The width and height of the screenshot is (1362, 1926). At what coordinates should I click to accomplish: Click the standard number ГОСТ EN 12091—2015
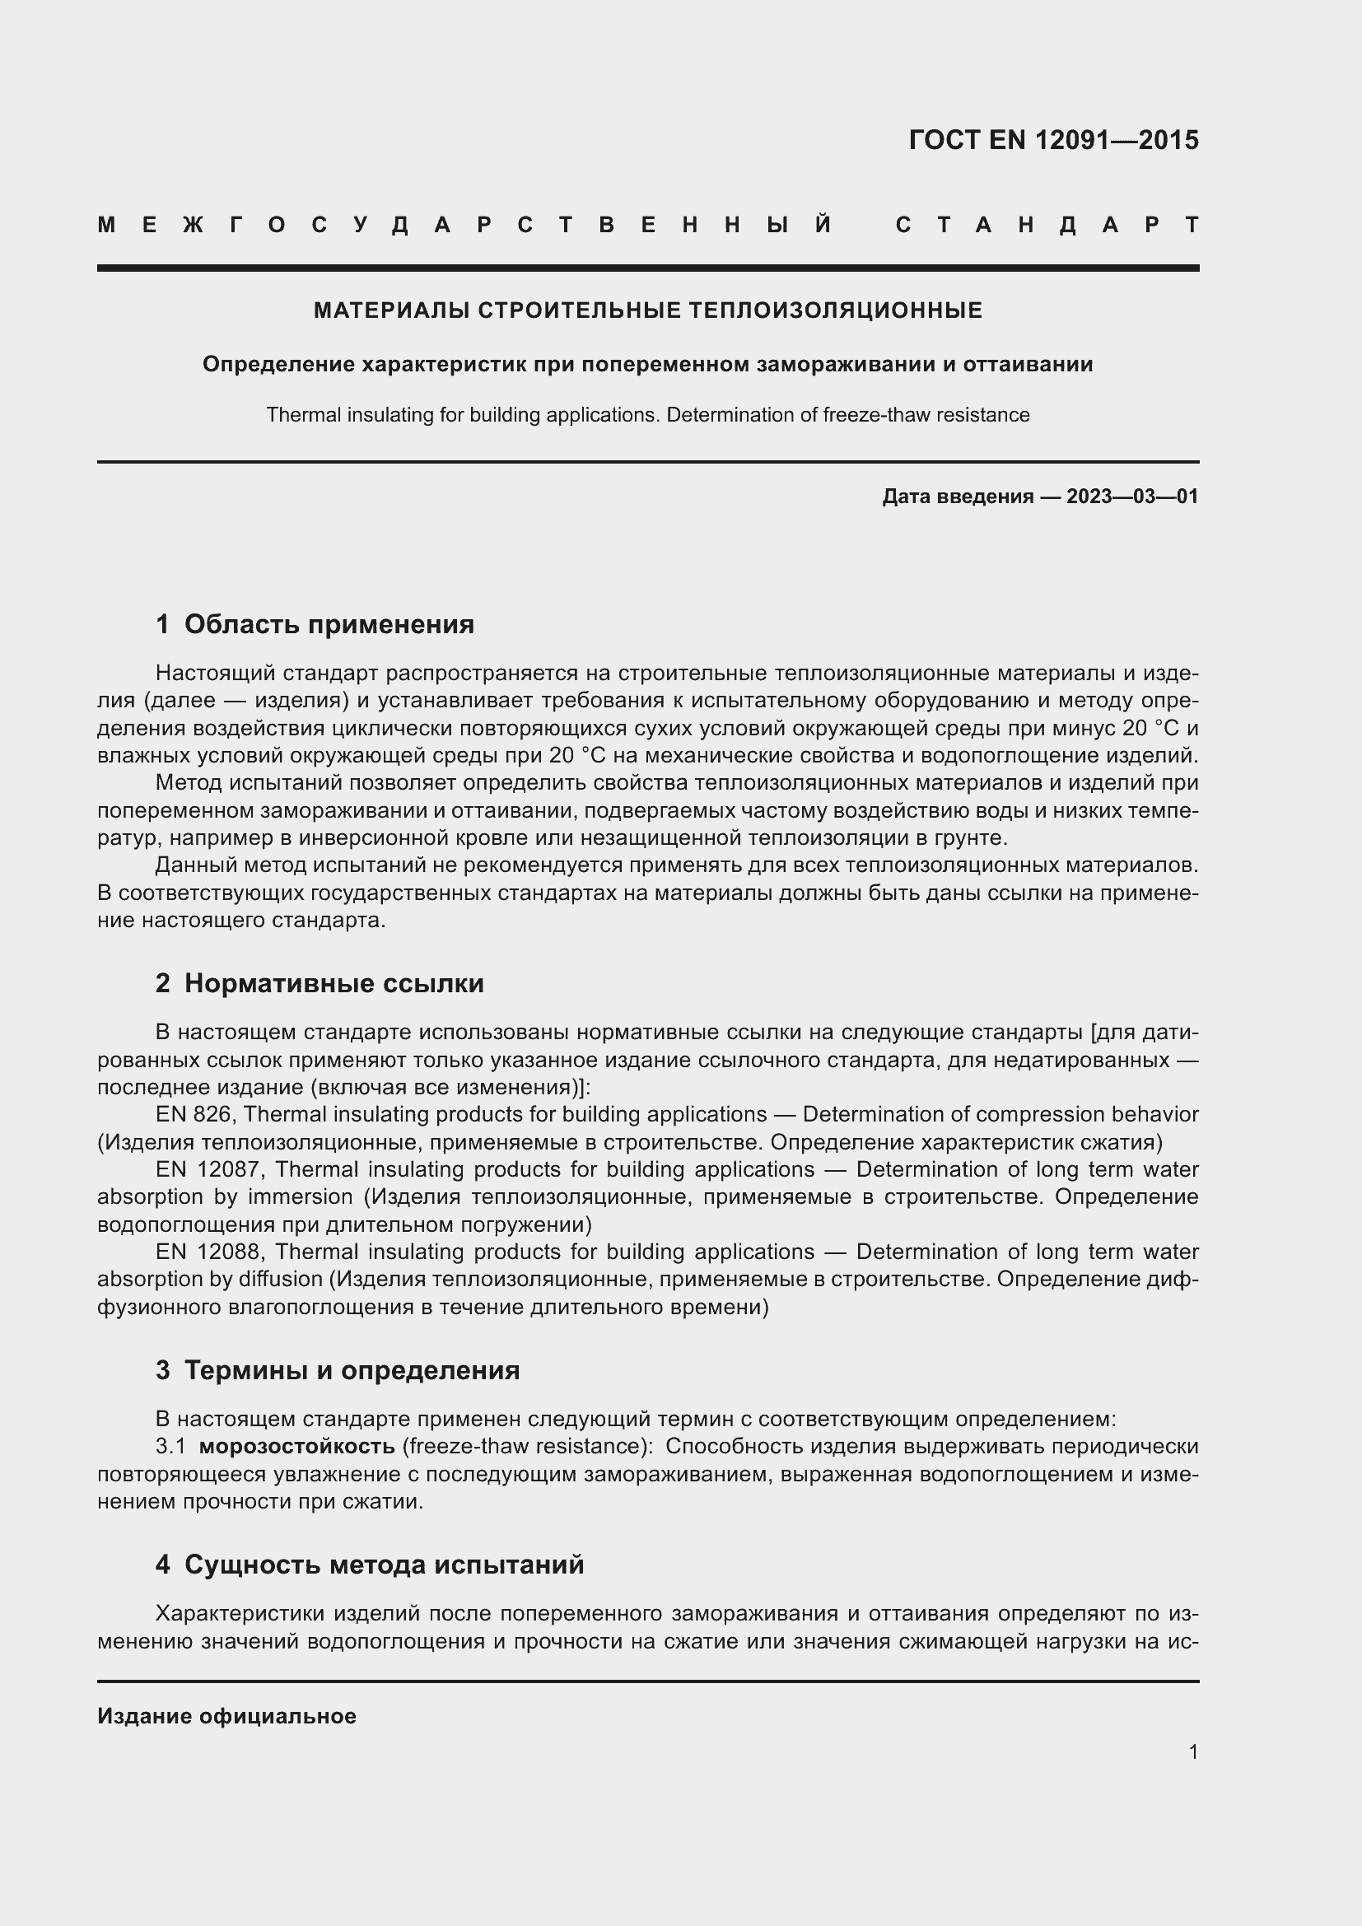pyautogui.click(x=1053, y=140)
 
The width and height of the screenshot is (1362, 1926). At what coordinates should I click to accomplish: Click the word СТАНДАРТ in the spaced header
pyautogui.click(x=1047, y=225)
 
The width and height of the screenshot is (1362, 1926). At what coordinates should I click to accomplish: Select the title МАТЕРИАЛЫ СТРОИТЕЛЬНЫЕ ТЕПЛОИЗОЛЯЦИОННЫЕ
pyautogui.click(x=647, y=310)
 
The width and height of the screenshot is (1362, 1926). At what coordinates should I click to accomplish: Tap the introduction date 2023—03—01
pyautogui.click(x=1132, y=497)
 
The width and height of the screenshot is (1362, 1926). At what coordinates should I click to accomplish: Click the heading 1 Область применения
pyautogui.click(x=315, y=624)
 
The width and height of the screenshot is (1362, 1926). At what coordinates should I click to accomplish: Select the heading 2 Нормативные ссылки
pyautogui.click(x=320, y=983)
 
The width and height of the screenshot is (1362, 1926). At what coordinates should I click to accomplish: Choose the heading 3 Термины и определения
pyautogui.click(x=337, y=1370)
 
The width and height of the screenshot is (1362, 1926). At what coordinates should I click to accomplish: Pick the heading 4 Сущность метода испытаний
pyautogui.click(x=369, y=1565)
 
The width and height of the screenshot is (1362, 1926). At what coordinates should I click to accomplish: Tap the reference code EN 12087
pyautogui.click(x=210, y=1168)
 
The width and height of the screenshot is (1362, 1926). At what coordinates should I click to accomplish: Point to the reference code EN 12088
pyautogui.click(x=210, y=1252)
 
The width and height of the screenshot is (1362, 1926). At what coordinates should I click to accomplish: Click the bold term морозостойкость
pyautogui.click(x=297, y=1446)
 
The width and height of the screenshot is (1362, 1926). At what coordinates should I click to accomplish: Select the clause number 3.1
pyautogui.click(x=170, y=1446)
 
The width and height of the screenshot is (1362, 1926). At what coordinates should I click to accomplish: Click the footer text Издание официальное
pyautogui.click(x=226, y=1716)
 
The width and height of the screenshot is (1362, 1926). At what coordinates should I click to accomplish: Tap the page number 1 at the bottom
pyautogui.click(x=1193, y=1751)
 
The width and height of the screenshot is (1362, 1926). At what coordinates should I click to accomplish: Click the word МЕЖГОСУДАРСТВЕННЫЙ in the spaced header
pyautogui.click(x=464, y=225)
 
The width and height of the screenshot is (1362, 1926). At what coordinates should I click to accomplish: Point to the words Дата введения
pyautogui.click(x=957, y=497)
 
